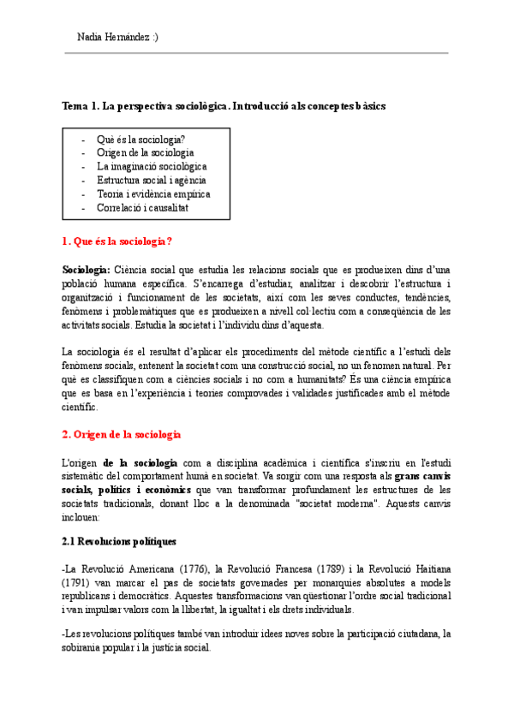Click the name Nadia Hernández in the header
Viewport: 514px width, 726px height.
point(112,37)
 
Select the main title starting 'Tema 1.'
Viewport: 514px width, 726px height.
point(224,106)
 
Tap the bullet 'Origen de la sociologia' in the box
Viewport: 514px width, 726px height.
point(146,152)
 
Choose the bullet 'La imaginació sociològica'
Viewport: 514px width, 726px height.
point(152,166)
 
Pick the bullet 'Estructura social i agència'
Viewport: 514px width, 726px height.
point(152,180)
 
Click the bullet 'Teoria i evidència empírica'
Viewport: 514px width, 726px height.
point(153,193)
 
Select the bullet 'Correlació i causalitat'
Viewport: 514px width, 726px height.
point(143,207)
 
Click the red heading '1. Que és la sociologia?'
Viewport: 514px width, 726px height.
point(117,241)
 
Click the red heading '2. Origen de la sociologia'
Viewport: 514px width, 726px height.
point(121,435)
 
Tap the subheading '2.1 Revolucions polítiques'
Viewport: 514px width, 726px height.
point(119,541)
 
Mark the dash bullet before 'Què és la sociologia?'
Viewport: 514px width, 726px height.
point(83,139)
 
